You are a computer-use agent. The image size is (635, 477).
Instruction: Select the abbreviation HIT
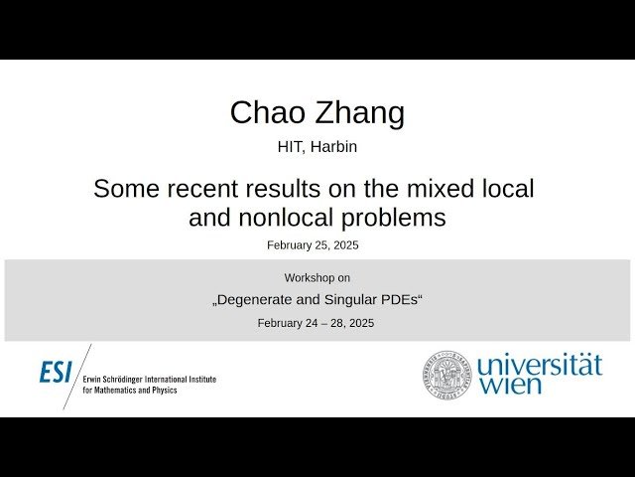tap(290, 147)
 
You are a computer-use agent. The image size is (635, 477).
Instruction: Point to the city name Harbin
tap(333, 147)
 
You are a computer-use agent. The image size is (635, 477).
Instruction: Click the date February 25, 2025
tap(313, 244)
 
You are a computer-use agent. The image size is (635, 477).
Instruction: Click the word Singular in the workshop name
tap(353, 300)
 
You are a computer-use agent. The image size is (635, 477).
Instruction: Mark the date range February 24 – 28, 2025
tap(316, 323)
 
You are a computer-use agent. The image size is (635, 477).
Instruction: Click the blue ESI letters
tap(56, 372)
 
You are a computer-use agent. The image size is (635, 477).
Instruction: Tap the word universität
tap(539, 365)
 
